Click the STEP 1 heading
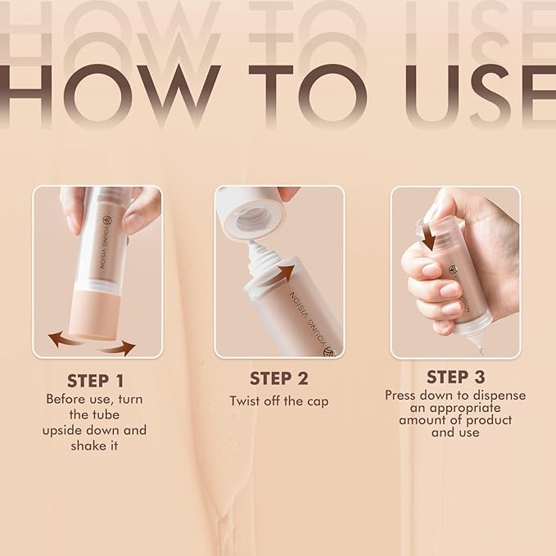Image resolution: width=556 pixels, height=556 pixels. coord(97,381)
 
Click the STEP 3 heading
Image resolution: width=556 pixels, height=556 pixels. coord(454,377)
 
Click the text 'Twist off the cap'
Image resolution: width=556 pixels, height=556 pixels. coord(278,402)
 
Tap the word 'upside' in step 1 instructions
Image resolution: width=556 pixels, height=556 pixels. coord(64,430)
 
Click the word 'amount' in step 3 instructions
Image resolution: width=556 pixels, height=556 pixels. coord(420,420)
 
